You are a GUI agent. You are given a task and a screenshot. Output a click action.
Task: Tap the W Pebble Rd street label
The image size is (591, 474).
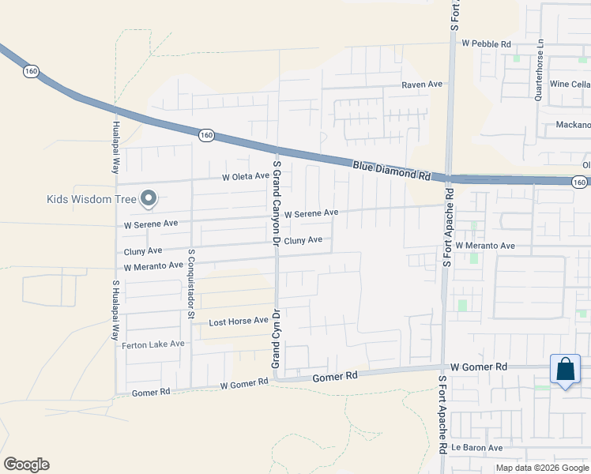tap(486, 44)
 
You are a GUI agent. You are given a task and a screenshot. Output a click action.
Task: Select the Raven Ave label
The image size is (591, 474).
tap(422, 85)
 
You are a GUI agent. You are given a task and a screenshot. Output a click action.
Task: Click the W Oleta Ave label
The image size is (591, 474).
tap(246, 177)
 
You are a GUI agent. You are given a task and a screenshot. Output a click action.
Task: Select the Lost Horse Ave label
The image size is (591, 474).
tap(238, 322)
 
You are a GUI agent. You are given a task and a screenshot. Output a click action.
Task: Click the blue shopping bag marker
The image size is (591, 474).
tap(566, 370)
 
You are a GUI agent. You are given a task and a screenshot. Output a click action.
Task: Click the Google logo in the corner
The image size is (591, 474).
tap(26, 465)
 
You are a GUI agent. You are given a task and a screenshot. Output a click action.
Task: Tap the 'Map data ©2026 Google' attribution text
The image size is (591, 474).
tap(543, 468)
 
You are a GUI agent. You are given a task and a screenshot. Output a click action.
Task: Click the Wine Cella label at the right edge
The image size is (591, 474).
tap(570, 85)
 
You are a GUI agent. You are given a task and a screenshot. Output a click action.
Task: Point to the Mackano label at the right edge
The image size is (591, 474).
tap(572, 125)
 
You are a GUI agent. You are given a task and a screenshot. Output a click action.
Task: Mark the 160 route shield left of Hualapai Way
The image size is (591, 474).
tap(31, 71)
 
